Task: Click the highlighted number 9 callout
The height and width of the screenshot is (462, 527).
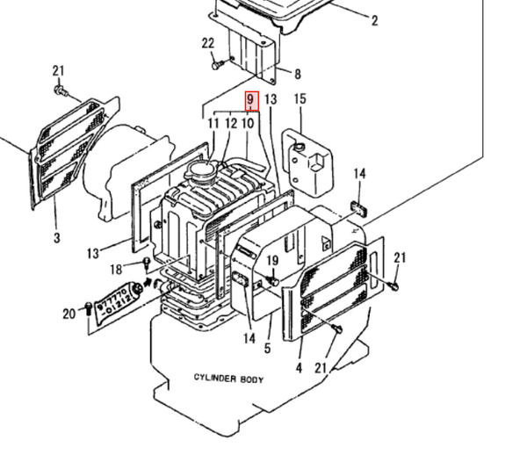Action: point(250,101)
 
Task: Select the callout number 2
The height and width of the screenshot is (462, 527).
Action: point(374,20)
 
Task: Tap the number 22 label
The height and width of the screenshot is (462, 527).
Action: point(207,44)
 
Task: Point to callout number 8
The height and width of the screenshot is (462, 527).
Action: point(297,75)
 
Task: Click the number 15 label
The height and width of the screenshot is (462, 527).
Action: point(300,100)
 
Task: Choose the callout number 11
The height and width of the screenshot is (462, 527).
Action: point(213,124)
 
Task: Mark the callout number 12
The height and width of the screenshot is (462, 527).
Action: point(231,124)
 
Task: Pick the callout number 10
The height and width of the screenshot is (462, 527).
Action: point(249,124)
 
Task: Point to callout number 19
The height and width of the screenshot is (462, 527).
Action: point(271,261)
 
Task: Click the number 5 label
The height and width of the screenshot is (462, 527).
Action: point(267,348)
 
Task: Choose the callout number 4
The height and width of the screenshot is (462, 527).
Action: point(299,368)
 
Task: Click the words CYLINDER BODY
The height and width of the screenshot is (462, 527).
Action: point(229,378)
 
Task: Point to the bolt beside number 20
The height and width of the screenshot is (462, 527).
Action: point(88,307)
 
